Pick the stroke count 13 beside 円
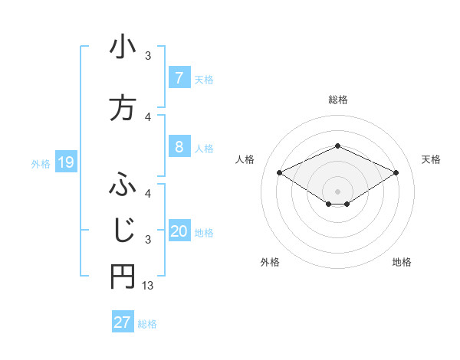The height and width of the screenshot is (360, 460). (149, 286)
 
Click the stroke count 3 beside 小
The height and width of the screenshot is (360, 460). (149, 56)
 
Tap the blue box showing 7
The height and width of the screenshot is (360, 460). (179, 77)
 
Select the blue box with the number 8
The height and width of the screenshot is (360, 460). (179, 147)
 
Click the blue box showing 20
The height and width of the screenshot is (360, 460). (179, 231)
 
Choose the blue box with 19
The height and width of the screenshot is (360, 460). (65, 162)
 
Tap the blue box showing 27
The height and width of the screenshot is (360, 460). (123, 322)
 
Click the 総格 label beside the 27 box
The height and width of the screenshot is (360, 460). (147, 323)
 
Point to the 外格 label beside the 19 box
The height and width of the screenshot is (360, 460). (41, 163)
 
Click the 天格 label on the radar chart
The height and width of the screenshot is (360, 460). (431, 159)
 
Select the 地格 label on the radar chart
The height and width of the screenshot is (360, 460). (402, 262)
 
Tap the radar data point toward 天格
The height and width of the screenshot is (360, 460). (396, 172)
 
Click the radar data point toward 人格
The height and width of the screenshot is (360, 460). (279, 172)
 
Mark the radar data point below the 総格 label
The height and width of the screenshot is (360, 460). (337, 146)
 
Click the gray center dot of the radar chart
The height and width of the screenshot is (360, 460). (337, 191)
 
